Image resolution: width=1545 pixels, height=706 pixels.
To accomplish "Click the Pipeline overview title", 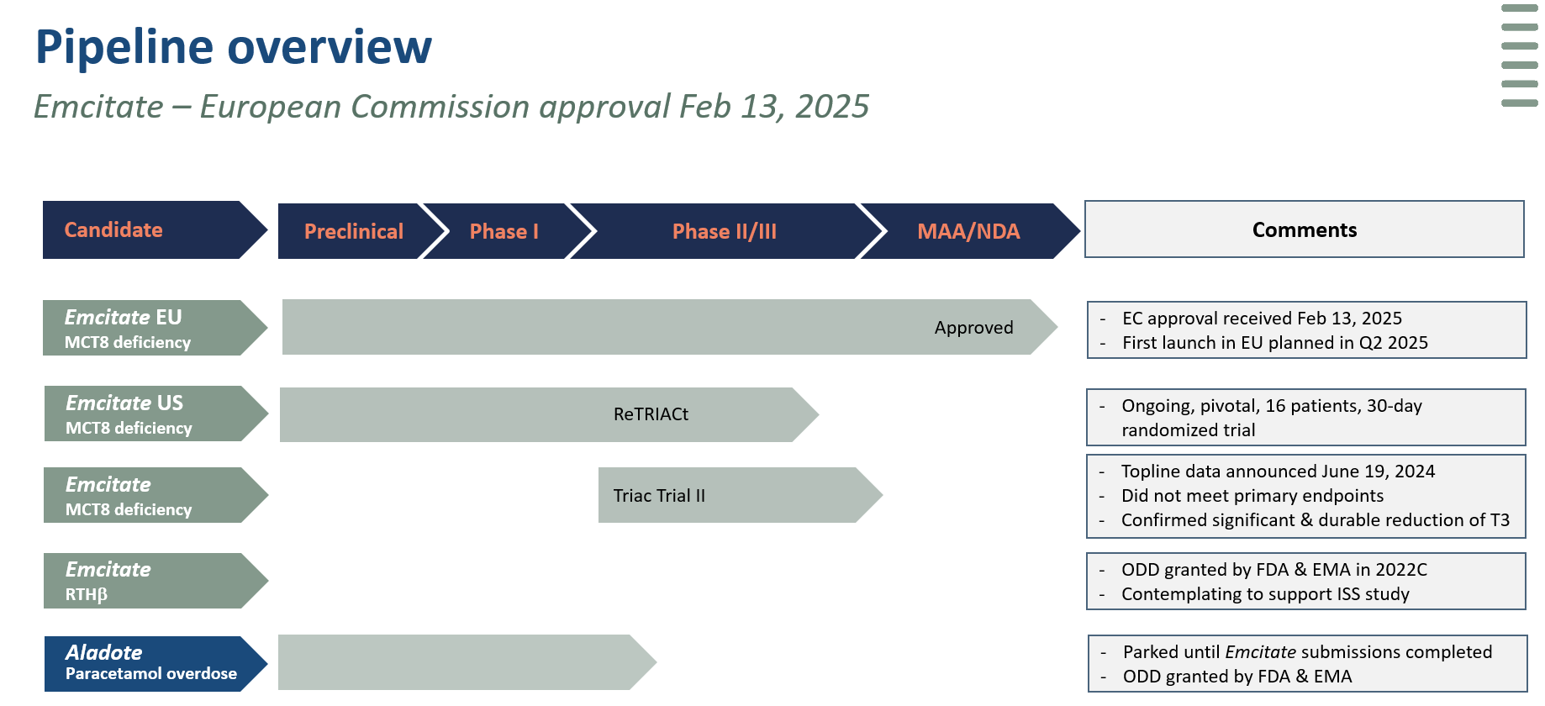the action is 234,47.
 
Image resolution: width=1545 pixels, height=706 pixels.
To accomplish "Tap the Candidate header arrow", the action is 156,229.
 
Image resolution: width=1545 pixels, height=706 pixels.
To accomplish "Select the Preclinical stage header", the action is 354,231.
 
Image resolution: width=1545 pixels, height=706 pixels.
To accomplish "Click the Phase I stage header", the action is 504,231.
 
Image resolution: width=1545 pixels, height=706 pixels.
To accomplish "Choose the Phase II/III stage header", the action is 725,231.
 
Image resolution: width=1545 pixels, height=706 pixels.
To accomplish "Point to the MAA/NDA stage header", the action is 968,231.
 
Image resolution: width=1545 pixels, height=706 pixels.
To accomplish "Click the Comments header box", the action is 1305,229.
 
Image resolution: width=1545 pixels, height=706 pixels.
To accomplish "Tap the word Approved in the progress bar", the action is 974,328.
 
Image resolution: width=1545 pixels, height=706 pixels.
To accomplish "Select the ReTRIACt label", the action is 651,414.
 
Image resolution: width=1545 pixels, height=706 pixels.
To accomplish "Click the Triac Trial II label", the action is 659,496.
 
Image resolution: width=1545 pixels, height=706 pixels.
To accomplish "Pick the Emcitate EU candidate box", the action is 156,328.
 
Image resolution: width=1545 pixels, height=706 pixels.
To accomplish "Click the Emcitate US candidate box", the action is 156,414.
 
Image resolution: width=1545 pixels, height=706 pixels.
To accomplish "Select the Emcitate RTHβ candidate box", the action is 156,581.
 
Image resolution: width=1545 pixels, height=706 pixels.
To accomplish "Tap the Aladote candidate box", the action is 156,664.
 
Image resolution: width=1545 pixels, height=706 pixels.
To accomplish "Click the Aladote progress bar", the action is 467,662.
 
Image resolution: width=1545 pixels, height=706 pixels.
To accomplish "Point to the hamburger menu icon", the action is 1520,55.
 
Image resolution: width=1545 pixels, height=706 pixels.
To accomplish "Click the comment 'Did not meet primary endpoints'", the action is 1252,496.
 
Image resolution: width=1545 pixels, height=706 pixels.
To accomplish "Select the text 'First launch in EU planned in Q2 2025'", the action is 1275,343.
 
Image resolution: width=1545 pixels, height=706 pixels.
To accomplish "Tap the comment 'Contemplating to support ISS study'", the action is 1265,594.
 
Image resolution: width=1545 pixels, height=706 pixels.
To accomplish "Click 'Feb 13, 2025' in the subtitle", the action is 774,107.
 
